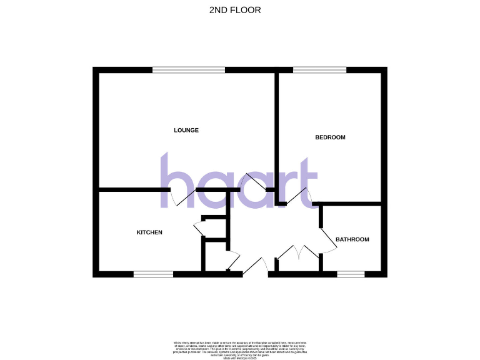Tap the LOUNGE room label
186,130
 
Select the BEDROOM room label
330,137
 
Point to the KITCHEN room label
149,232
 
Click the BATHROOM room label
352,239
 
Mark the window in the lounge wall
189,70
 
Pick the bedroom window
319,70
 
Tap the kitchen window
153,273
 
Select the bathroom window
351,273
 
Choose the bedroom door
297,196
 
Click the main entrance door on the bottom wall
254,267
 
